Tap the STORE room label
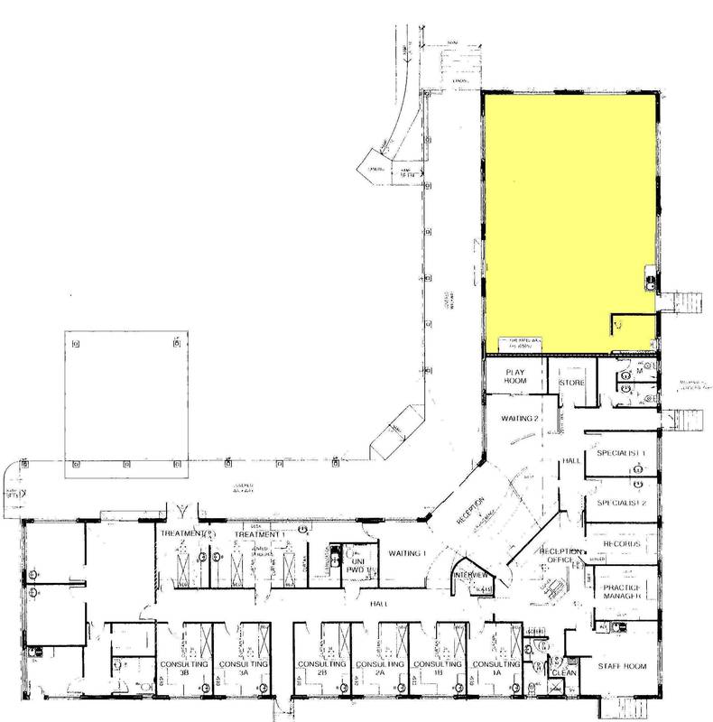coord(572,383)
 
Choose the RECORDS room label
coord(618,546)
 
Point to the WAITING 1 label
coord(406,553)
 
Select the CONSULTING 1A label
coord(498,669)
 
